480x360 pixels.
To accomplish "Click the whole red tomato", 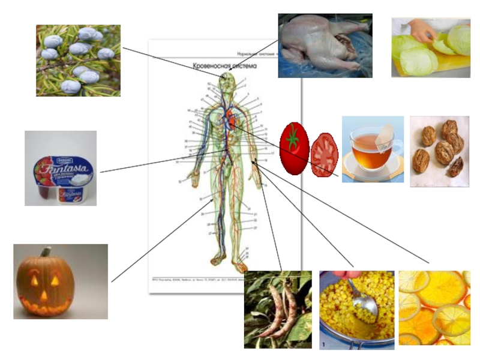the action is point(294,148).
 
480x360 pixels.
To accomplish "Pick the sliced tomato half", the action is point(325,155).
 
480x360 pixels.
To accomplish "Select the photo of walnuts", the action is point(440,150).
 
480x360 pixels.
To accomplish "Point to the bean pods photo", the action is point(278,310).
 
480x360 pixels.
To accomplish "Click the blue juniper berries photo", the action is point(78,60).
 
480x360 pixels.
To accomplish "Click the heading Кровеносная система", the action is point(224,67).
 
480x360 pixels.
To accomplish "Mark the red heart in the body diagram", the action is point(229,118).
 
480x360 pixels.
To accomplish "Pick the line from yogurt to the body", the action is point(144,166).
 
